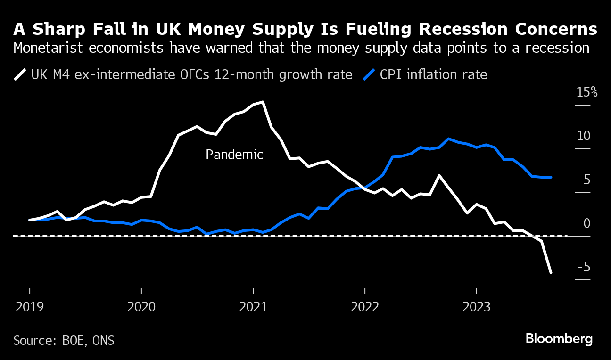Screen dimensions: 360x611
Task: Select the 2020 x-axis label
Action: click(x=141, y=308)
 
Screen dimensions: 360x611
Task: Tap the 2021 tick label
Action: click(x=253, y=308)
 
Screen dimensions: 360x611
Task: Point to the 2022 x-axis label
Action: click(x=365, y=308)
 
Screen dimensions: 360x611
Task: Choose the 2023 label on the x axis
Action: click(x=477, y=308)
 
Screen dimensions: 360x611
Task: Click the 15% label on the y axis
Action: click(x=587, y=92)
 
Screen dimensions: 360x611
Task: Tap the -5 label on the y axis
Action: click(x=584, y=267)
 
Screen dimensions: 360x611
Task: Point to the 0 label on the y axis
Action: click(x=587, y=223)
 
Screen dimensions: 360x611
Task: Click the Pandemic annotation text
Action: click(x=234, y=155)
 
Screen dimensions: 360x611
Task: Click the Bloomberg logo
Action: click(x=559, y=339)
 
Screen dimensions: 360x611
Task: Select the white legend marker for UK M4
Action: click(x=20, y=74)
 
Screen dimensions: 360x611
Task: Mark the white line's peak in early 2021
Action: click(x=262, y=102)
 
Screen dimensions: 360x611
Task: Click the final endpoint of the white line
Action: click(x=551, y=272)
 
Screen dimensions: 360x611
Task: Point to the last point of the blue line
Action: click(x=551, y=177)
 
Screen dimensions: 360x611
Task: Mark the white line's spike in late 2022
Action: click(x=439, y=175)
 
